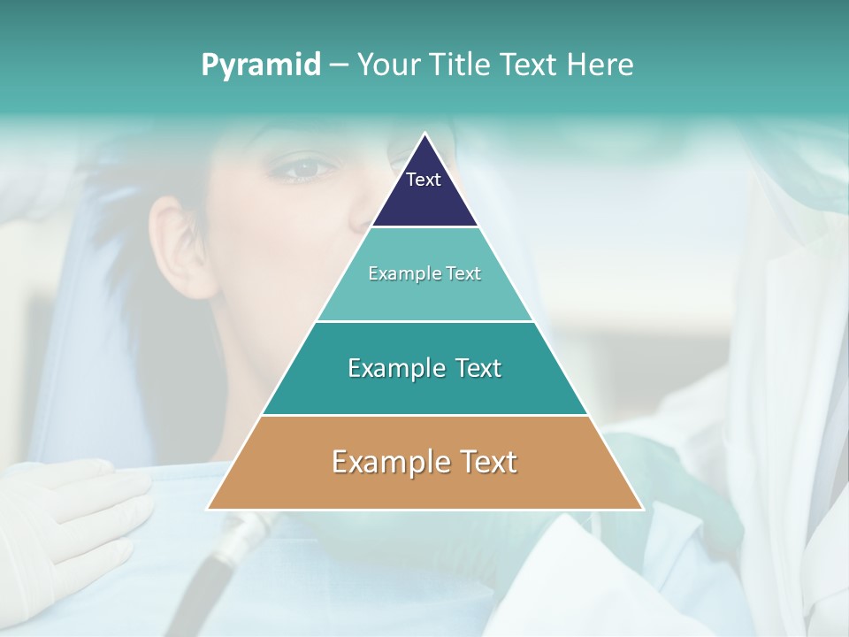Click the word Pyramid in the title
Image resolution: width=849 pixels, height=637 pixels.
[260, 65]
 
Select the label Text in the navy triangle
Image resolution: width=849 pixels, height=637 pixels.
[424, 180]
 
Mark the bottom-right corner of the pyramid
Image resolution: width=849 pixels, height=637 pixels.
[642, 509]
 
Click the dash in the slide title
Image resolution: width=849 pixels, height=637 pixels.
[339, 65]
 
